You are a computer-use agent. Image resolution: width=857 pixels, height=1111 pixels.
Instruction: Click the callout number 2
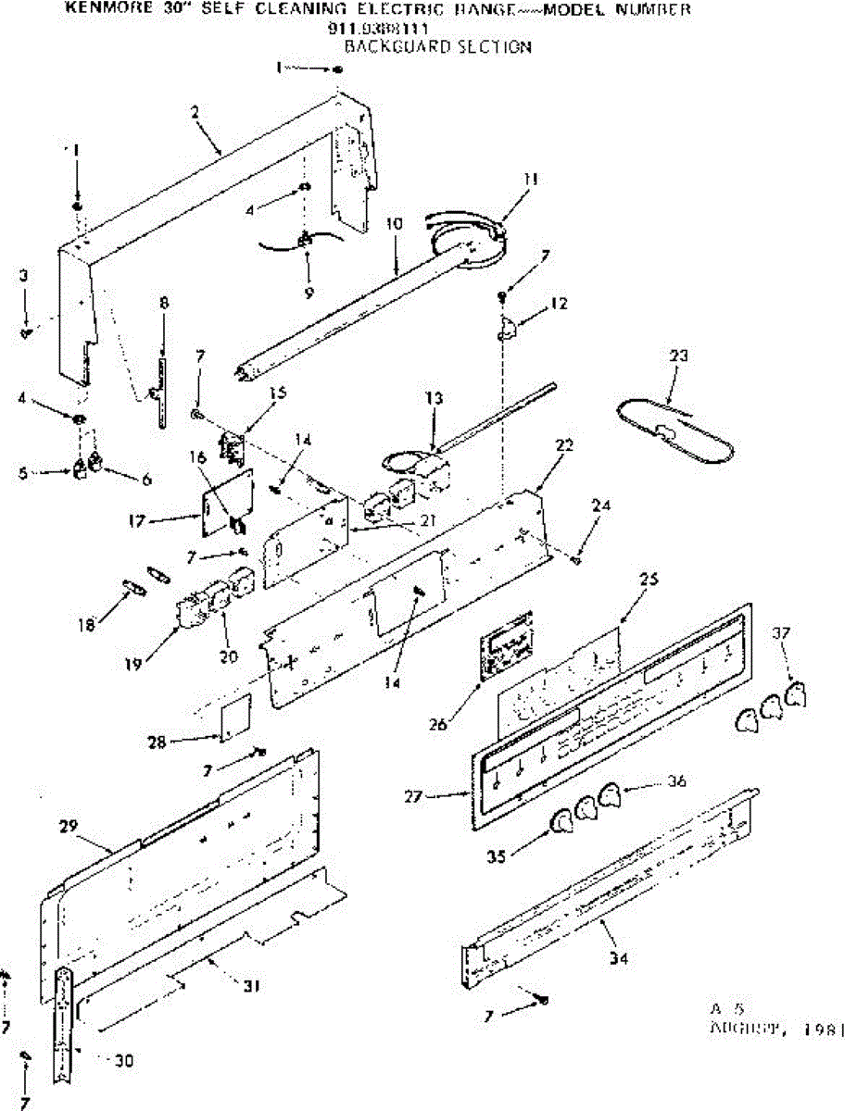[195, 111]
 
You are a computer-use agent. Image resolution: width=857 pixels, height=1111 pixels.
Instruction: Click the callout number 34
[619, 959]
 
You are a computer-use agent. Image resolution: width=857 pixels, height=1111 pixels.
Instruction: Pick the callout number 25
[649, 579]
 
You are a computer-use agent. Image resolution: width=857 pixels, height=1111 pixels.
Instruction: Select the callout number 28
[157, 741]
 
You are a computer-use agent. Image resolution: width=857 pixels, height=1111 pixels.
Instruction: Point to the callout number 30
[121, 1060]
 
